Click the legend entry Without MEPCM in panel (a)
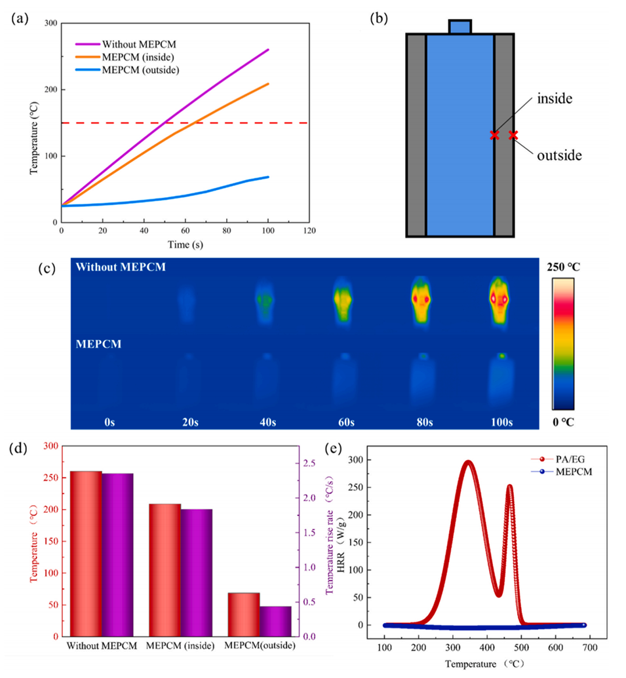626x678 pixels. [x=139, y=45]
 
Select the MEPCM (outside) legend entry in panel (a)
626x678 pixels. [x=140, y=69]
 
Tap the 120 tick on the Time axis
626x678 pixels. [x=309, y=231]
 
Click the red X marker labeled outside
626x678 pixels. [x=513, y=135]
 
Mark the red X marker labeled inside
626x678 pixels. [x=494, y=135]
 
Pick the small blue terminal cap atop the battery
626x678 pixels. [x=460, y=26]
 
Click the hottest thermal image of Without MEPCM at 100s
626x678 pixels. [x=501, y=301]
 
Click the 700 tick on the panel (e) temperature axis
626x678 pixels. [x=589, y=646]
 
